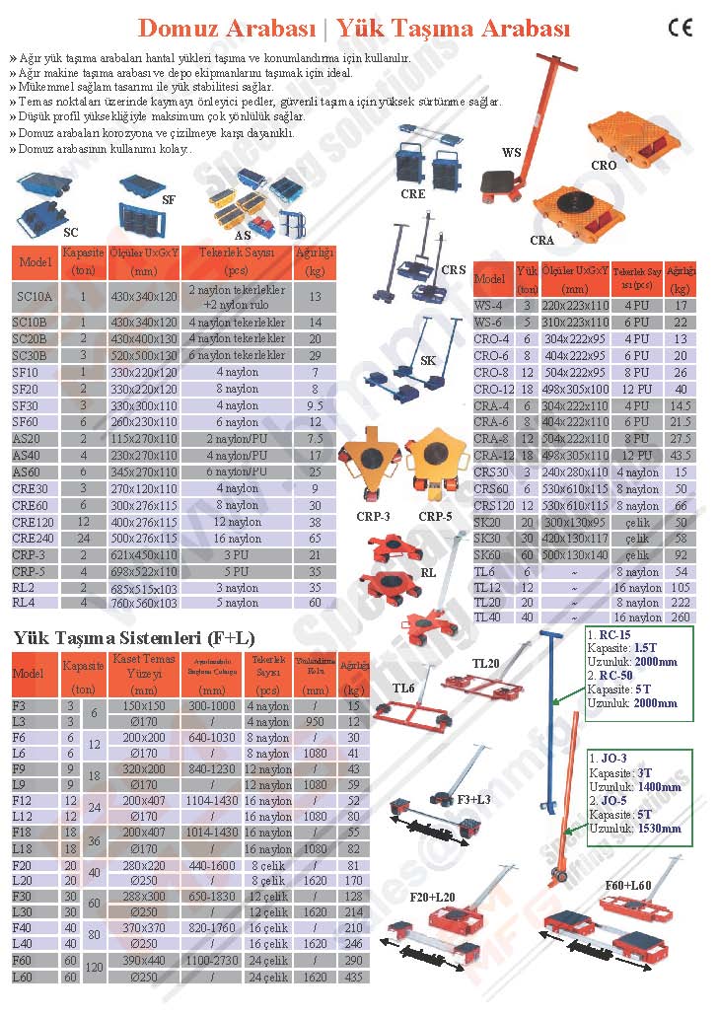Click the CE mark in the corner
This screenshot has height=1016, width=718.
coord(681,28)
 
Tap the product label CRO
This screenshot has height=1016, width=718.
coord(604,166)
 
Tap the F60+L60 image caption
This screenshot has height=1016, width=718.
coord(626,886)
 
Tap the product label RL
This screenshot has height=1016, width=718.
coord(428,571)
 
